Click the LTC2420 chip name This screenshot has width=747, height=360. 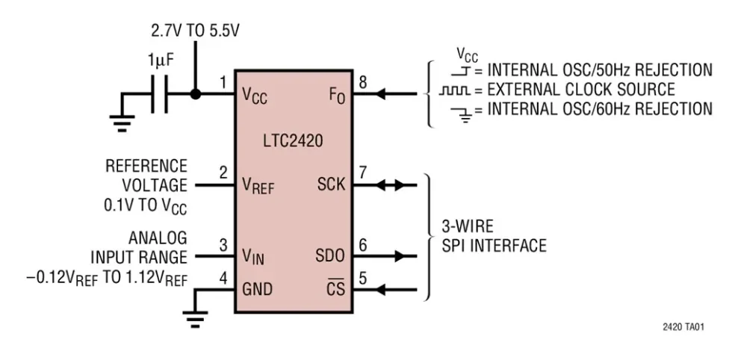tap(293, 141)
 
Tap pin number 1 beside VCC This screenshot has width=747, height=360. tap(223, 83)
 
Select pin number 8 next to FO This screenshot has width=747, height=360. tap(363, 83)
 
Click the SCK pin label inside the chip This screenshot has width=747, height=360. tap(331, 184)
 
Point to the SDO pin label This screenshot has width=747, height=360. tap(330, 256)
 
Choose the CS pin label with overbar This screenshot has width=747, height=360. tap(336, 288)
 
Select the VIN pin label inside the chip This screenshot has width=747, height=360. tap(253, 257)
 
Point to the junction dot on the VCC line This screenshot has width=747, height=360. tap(195, 95)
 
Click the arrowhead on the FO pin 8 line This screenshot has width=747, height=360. tap(382, 95)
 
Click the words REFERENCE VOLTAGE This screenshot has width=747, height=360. tap(146, 175)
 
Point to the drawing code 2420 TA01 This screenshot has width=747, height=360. tap(684, 326)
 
